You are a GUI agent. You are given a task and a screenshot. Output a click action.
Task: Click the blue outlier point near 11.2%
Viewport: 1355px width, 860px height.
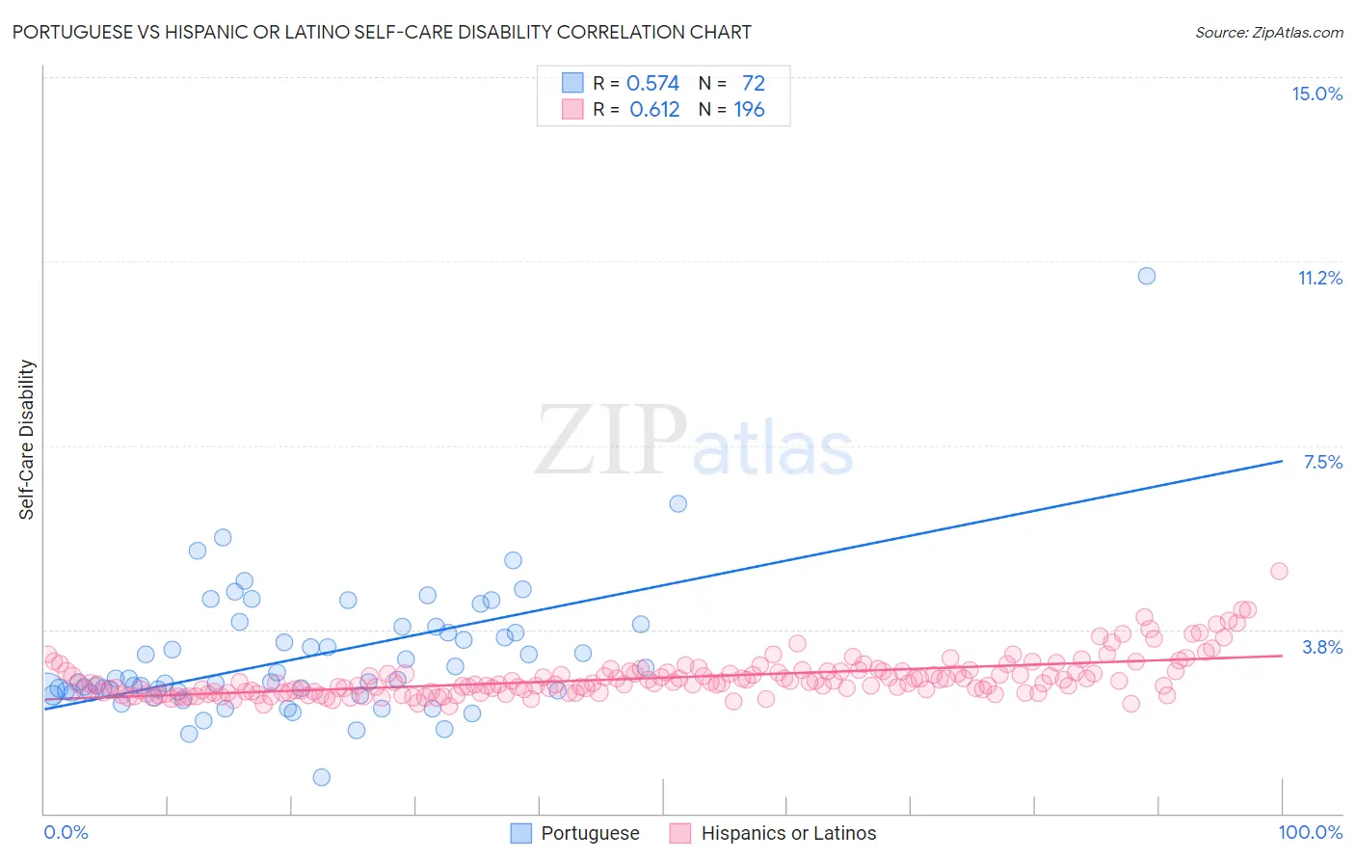coord(1146,276)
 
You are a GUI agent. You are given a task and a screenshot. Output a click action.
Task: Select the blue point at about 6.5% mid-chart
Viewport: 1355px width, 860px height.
coord(677,503)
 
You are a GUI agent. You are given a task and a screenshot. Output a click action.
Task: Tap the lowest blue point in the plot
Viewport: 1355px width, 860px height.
coord(322,777)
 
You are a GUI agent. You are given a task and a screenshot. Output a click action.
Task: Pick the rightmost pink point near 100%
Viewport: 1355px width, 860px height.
coord(1279,571)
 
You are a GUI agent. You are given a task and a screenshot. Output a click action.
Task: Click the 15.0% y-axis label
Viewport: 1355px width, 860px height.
coord(1316,94)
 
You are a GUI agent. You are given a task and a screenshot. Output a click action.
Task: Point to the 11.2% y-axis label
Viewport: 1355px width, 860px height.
coord(1319,278)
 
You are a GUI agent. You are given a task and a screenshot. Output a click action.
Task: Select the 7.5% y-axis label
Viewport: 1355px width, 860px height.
coord(1322,462)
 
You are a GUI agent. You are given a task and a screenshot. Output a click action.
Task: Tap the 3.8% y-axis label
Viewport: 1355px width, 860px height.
coord(1322,647)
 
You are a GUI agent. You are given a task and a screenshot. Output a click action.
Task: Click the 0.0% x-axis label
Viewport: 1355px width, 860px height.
coord(66,832)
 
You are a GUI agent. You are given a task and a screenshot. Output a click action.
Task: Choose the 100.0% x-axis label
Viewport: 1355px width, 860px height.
coord(1311,832)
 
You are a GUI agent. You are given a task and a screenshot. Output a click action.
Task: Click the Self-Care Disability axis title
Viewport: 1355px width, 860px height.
coord(27,440)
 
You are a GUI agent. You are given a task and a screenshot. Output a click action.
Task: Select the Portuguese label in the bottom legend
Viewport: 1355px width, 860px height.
coord(590,833)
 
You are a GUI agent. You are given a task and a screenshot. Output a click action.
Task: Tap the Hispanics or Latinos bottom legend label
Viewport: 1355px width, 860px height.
coord(788,833)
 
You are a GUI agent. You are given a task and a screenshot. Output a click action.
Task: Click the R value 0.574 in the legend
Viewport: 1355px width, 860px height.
coord(652,84)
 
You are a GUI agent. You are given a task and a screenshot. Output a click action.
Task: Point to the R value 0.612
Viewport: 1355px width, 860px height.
coord(654,110)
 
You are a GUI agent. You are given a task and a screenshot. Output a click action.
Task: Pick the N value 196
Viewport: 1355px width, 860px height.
coord(749,110)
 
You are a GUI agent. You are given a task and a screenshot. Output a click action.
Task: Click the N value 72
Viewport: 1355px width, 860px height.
coord(754,84)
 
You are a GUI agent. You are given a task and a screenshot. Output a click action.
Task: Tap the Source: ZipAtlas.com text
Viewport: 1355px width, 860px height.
coord(1268,33)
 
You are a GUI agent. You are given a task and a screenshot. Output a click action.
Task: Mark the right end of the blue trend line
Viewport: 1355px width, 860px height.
coord(1282,461)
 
